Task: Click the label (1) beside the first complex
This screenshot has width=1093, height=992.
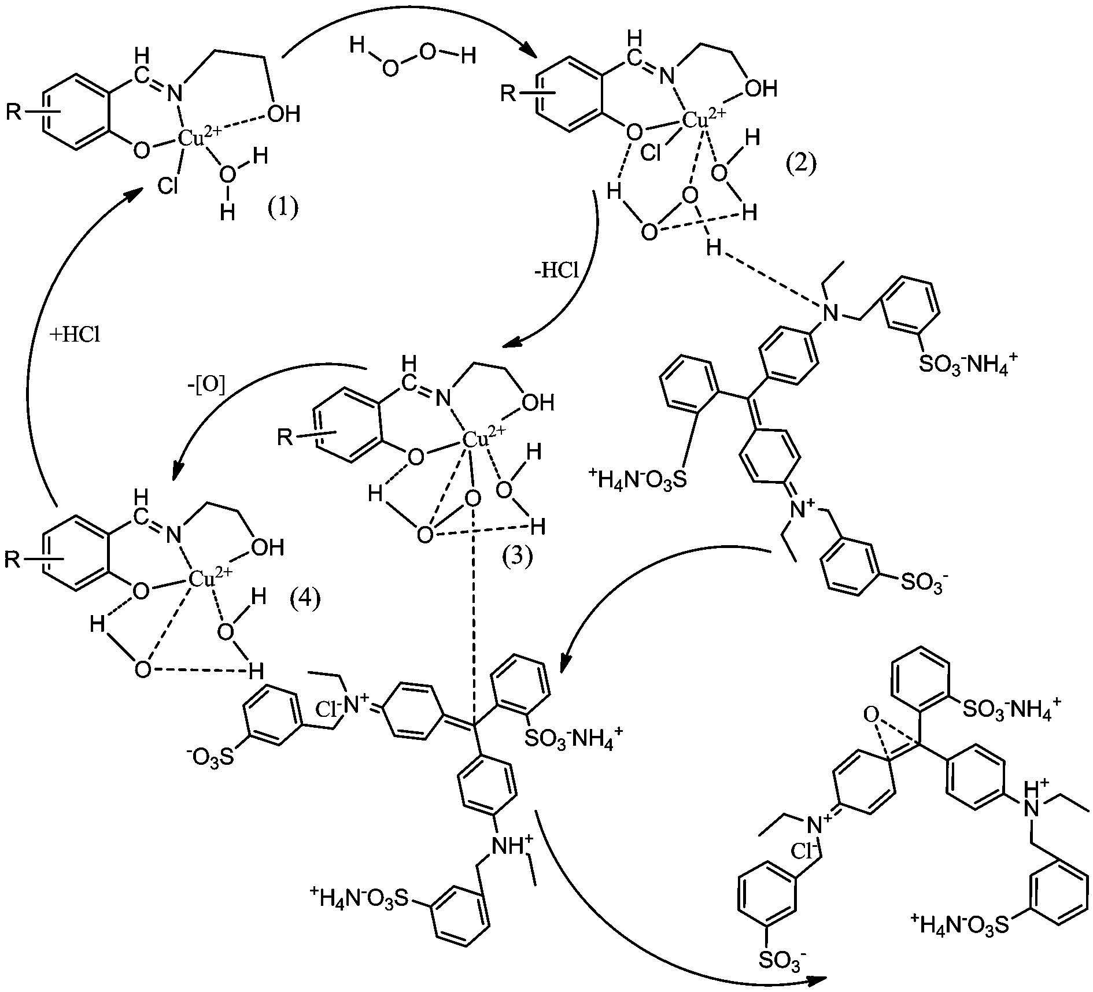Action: pyautogui.click(x=283, y=206)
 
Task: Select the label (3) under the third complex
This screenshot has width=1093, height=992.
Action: pyautogui.click(x=517, y=557)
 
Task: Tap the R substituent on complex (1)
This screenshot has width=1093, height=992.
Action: pyautogui.click(x=14, y=111)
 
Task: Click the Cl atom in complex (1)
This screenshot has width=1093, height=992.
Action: pyautogui.click(x=168, y=186)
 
